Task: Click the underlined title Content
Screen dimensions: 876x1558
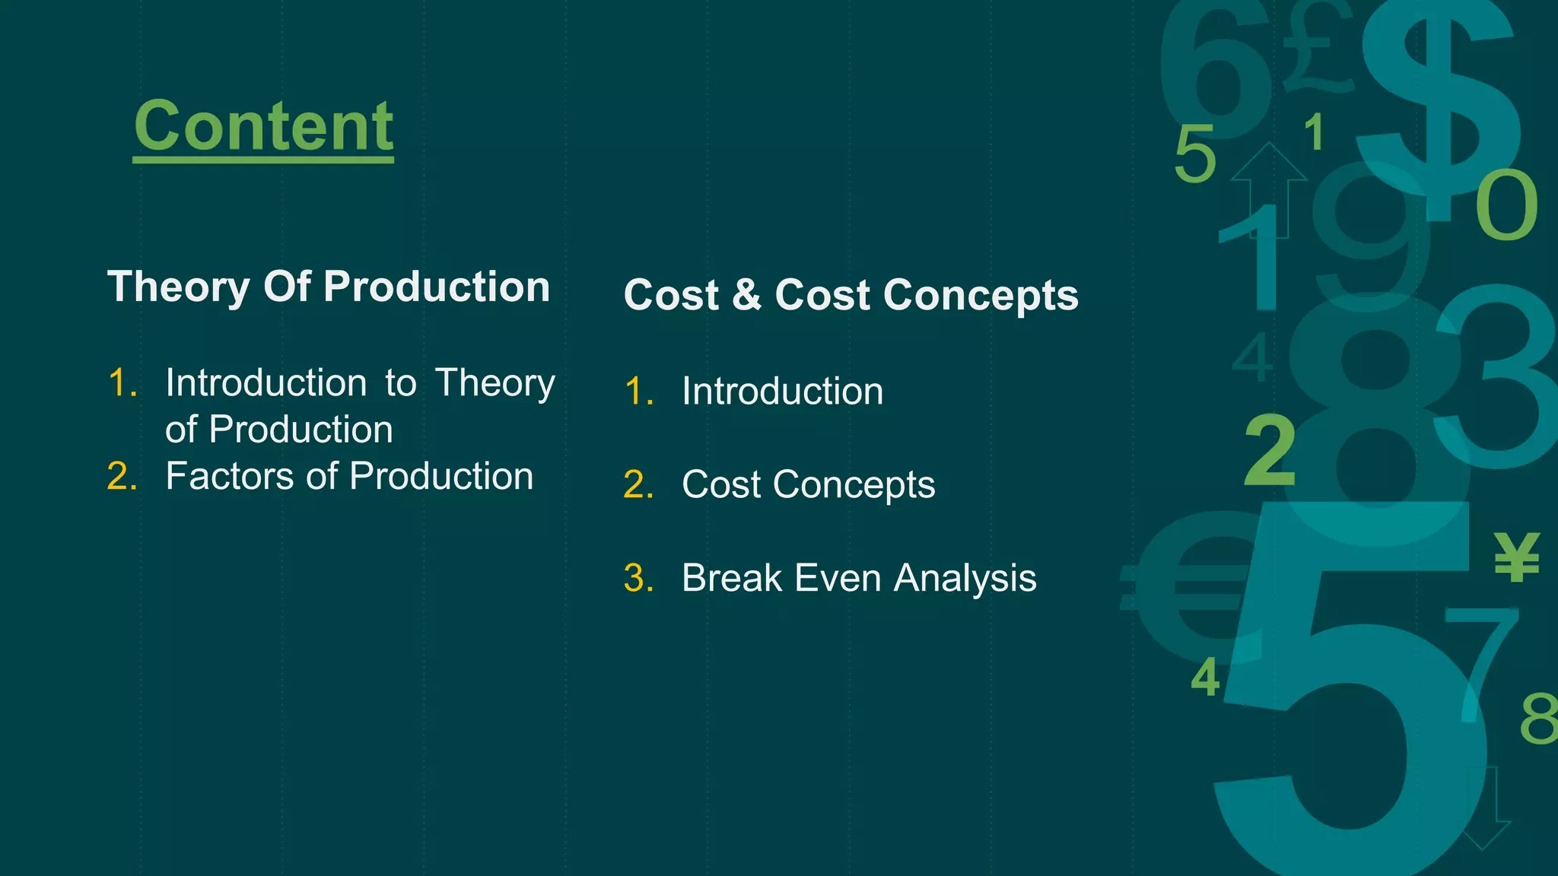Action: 263,126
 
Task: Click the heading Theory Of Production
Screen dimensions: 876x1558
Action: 328,287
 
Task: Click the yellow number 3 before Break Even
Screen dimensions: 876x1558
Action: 637,578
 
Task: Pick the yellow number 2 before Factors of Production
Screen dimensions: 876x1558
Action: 121,477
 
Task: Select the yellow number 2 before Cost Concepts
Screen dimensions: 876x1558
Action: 637,485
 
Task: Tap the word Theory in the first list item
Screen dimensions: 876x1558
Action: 494,382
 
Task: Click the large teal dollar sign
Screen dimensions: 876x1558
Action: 1438,99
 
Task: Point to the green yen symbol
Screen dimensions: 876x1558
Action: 1517,557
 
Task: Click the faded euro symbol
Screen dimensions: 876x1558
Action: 1187,586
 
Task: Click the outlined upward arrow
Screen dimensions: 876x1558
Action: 1268,190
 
